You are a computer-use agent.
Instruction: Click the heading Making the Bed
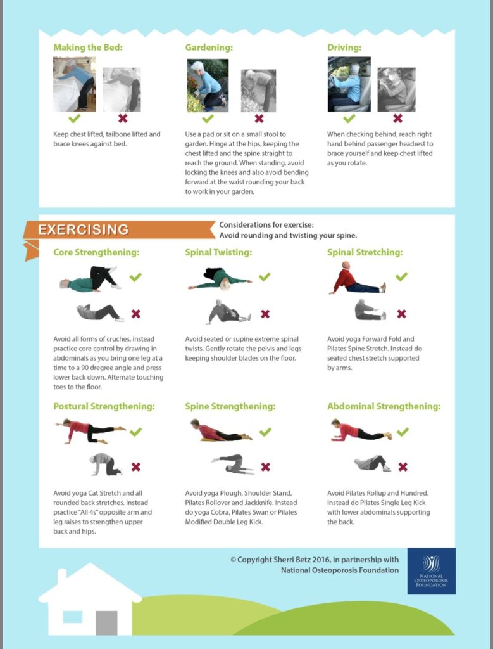tap(87, 47)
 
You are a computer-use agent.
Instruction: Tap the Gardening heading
tap(209, 48)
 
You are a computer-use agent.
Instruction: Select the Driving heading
tap(344, 48)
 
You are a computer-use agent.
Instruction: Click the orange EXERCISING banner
tap(118, 229)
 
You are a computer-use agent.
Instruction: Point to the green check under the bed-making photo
tap(75, 119)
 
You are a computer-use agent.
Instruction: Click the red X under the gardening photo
tap(259, 119)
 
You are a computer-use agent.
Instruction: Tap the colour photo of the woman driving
tap(349, 84)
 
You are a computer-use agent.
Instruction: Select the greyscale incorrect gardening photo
tap(258, 91)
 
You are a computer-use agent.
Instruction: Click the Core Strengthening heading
tap(96, 252)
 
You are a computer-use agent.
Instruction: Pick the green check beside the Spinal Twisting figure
tap(265, 276)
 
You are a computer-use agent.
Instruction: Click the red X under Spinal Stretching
tap(401, 314)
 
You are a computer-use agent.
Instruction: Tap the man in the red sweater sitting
tap(358, 278)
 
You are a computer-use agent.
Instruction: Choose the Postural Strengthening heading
tap(104, 406)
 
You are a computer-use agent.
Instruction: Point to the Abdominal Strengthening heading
tap(384, 406)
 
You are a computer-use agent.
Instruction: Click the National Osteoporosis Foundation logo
tap(431, 571)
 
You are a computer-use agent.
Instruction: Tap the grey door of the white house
tap(106, 623)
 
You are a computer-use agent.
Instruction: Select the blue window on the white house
tap(72, 617)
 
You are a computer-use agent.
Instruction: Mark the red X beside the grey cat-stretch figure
tap(136, 467)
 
